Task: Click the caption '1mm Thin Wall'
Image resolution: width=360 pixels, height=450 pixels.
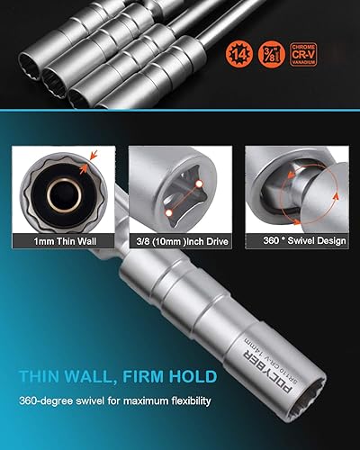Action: point(59,240)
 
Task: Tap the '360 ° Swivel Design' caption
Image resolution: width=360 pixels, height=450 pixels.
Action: point(298,240)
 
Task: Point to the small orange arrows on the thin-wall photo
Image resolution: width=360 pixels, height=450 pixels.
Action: point(85,164)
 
